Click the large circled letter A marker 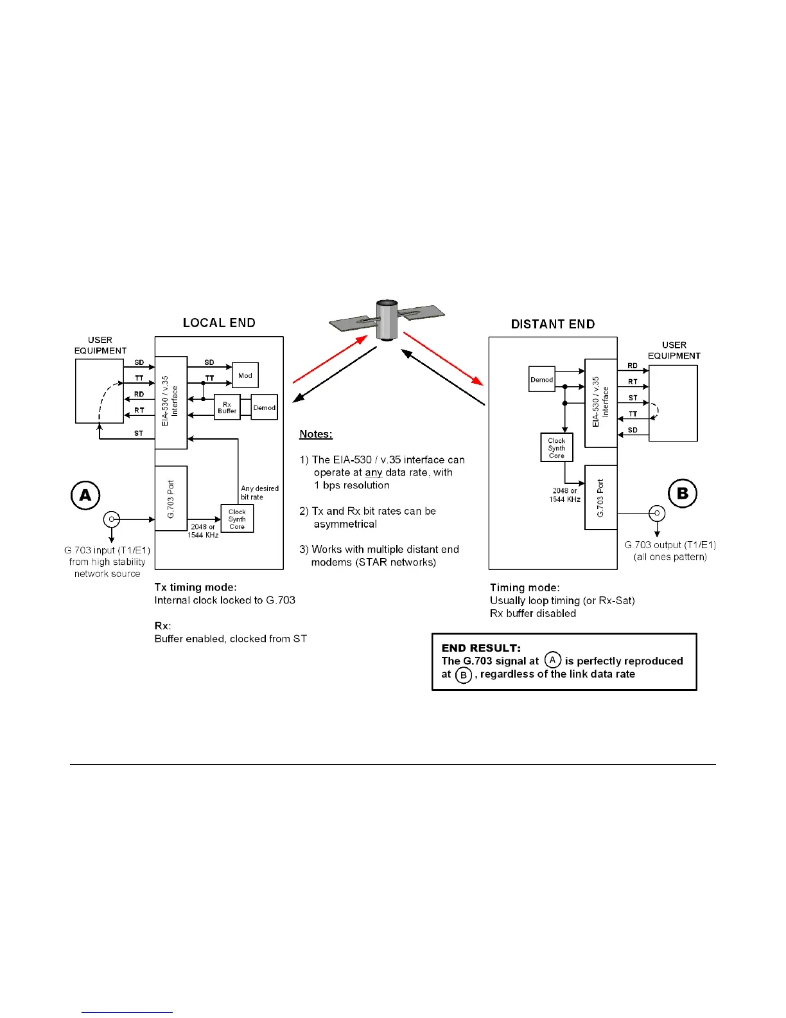85,496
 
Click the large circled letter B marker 683,493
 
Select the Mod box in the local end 245,375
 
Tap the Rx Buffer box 227,407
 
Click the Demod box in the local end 264,407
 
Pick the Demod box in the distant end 541,379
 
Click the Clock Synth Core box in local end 237,519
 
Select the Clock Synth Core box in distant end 556,448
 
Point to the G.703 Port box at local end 171,498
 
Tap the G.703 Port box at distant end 600,497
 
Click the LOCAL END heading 219,323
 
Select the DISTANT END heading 552,324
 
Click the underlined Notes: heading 316,434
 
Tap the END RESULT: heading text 481,648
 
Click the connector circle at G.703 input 112,519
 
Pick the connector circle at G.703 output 657,513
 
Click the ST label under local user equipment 139,433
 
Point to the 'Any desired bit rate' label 259,492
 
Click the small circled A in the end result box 552,660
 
